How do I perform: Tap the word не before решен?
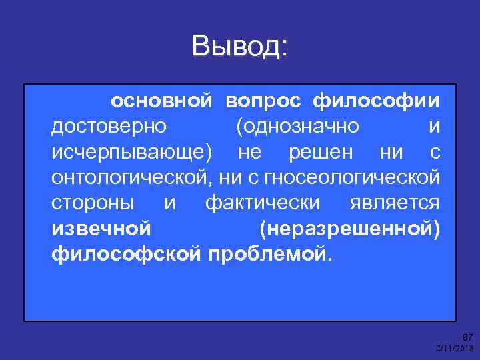[x=250, y=152]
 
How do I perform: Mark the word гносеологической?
[x=353, y=178]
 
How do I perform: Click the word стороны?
[x=92, y=203]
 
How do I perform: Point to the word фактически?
[x=263, y=203]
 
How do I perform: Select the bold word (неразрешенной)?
[x=349, y=229]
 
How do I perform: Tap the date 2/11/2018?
[x=455, y=349]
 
